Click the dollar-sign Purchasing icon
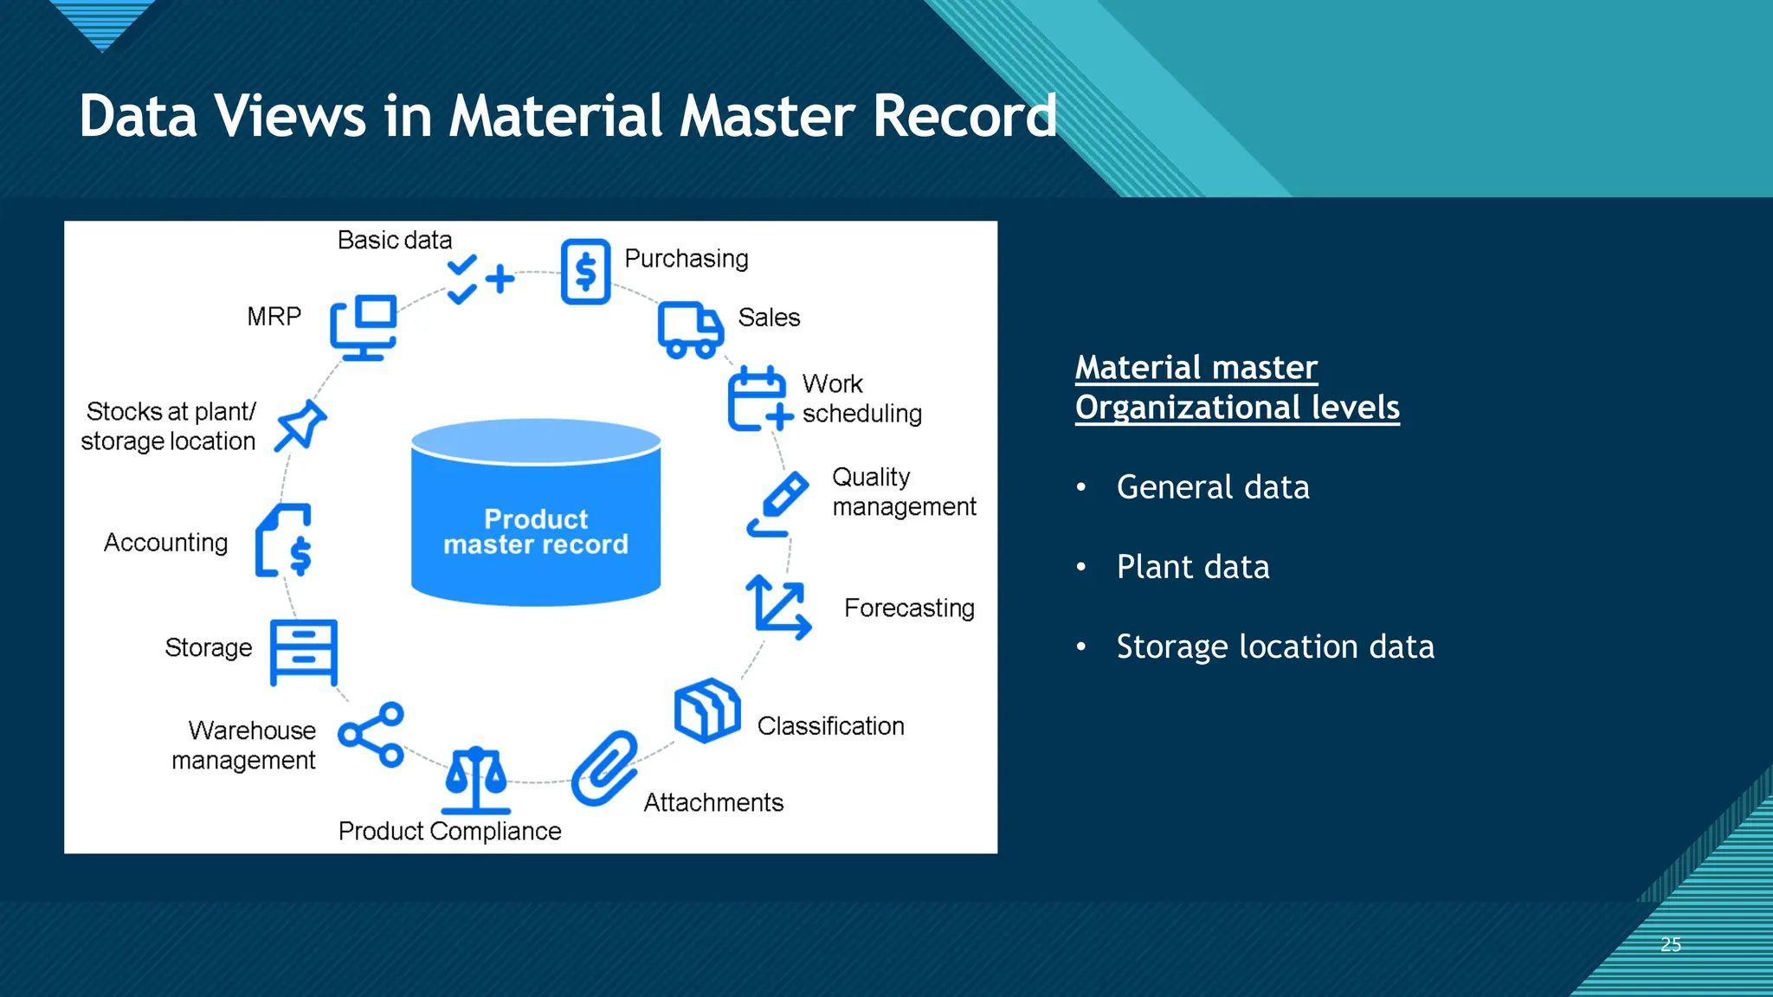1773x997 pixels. [x=585, y=272]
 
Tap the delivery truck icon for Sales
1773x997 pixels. [x=690, y=330]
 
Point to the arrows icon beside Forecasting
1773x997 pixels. [x=778, y=607]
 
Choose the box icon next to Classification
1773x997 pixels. [x=707, y=710]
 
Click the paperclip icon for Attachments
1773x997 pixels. [x=604, y=768]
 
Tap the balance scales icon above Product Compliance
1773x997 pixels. [x=475, y=780]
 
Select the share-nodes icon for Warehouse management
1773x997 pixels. [x=371, y=735]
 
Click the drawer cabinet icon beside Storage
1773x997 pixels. [x=303, y=652]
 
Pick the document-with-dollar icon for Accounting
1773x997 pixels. [x=284, y=541]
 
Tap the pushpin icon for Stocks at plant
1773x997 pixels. [x=300, y=425]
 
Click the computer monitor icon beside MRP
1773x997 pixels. [x=364, y=327]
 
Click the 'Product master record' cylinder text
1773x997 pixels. [x=536, y=531]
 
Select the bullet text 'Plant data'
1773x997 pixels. [x=1192, y=567]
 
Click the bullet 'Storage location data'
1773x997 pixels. [x=1274, y=646]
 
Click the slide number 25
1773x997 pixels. [x=1671, y=944]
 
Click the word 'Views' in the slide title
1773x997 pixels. [x=291, y=116]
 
